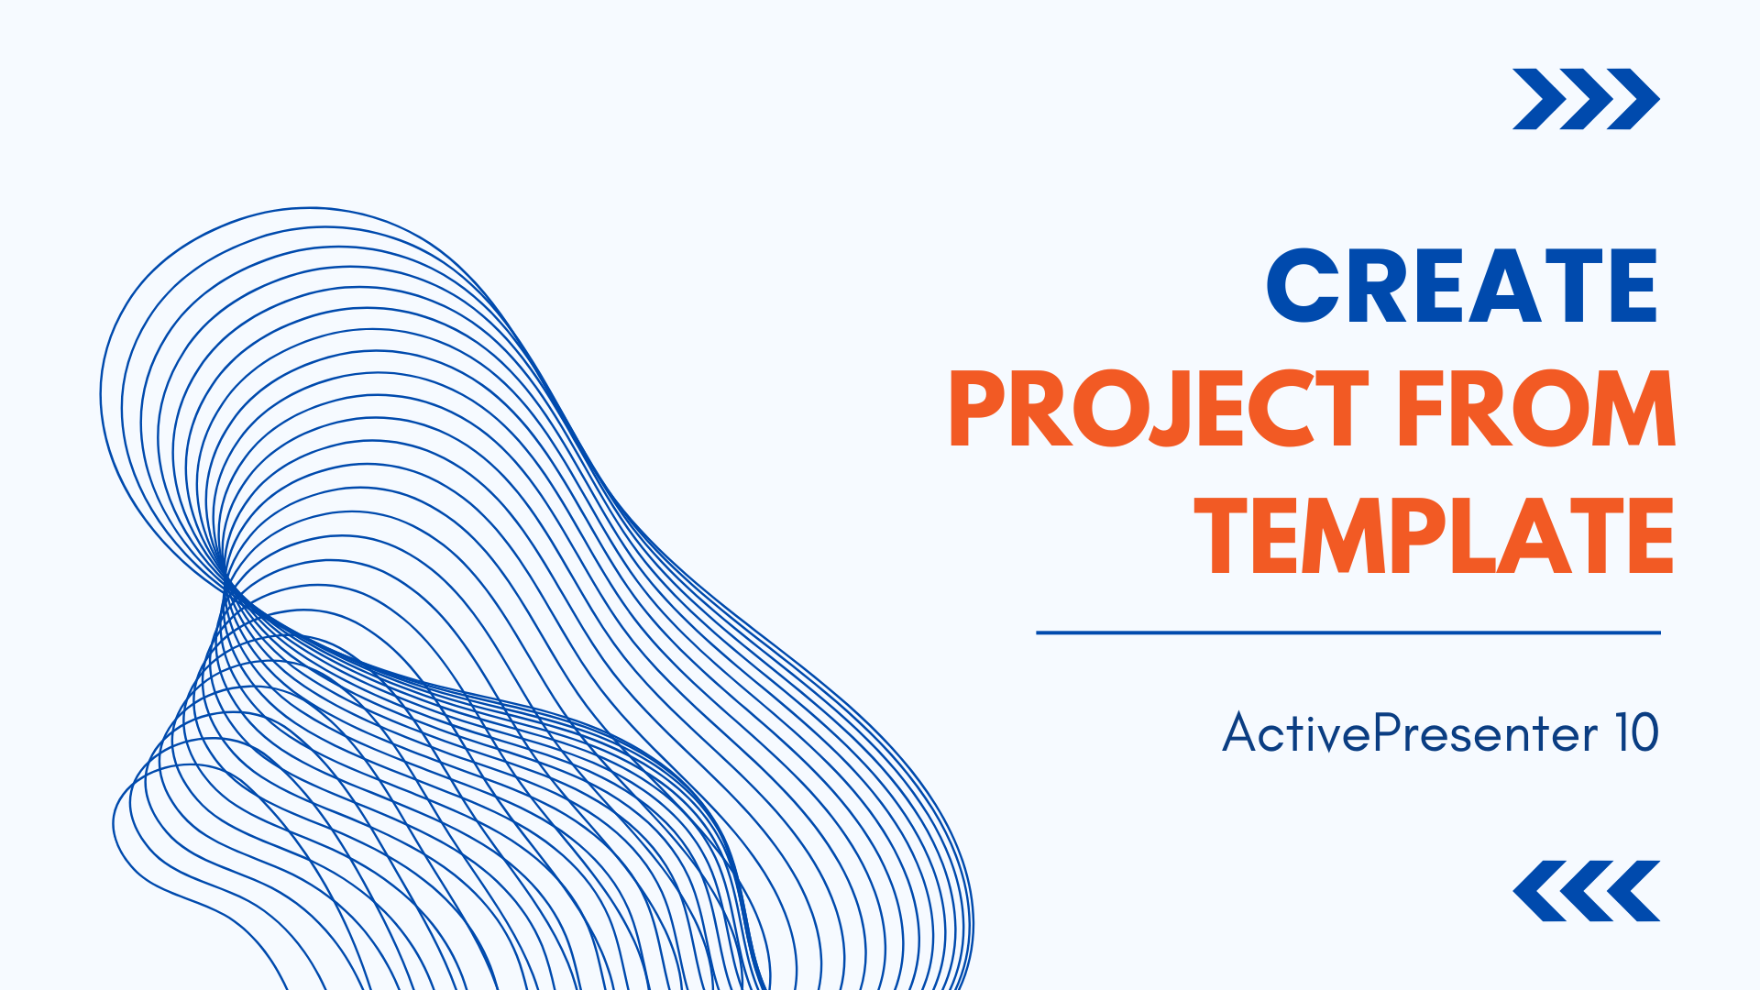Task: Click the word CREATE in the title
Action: (x=1461, y=286)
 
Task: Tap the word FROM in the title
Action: (x=1537, y=410)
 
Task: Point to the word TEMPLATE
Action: (x=1435, y=536)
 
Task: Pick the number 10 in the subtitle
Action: (x=1636, y=733)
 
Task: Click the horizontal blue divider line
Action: (x=1347, y=632)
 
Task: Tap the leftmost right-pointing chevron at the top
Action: (x=1536, y=99)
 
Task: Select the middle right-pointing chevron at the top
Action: (x=1584, y=99)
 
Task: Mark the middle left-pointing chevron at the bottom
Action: (x=1588, y=891)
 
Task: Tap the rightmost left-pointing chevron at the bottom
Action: (x=1636, y=891)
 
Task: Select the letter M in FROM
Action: (x=1633, y=410)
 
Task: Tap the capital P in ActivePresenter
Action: (x=1391, y=733)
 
